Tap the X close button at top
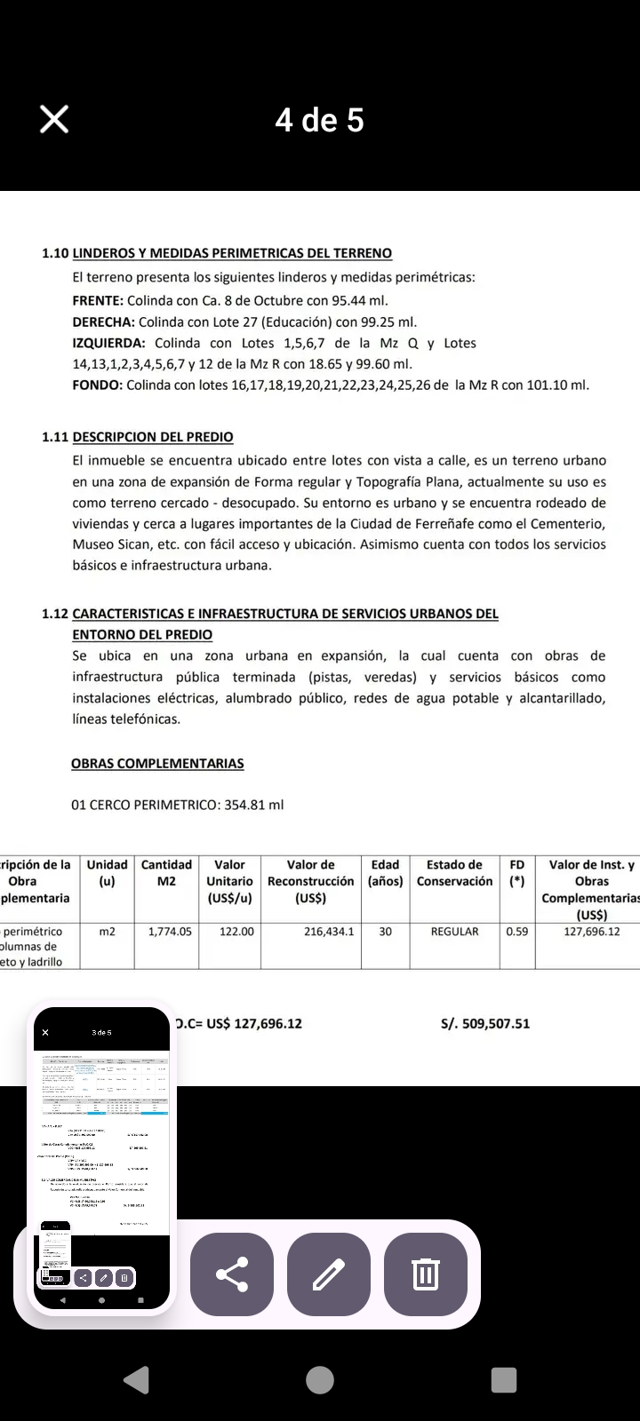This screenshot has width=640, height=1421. tap(54, 119)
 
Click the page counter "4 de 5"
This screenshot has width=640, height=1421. tap(319, 120)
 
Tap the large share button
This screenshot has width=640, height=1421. tap(232, 1274)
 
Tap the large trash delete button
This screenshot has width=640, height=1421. tap(426, 1274)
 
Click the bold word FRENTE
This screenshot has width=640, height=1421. tap(98, 301)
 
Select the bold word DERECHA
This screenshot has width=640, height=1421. tap(103, 322)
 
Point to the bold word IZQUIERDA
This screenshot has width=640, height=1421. tap(108, 344)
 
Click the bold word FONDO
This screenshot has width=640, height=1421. tap(97, 385)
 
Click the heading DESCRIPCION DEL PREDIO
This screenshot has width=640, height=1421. tap(153, 437)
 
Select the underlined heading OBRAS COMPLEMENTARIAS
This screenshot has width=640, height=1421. tap(157, 764)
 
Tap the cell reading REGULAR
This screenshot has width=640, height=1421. tap(454, 932)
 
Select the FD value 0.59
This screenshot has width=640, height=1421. tap(516, 932)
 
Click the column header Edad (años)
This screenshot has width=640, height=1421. tap(386, 873)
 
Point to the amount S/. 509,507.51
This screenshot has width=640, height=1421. tap(485, 1024)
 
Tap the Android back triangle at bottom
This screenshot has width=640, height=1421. tap(136, 1379)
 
